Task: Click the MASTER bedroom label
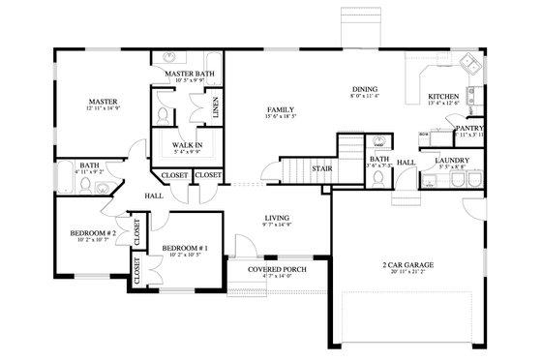tap(102, 102)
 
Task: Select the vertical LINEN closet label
tap(214, 104)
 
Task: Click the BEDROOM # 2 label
tap(93, 233)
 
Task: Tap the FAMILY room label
tap(280, 110)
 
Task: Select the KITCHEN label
tap(445, 97)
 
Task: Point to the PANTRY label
tap(468, 127)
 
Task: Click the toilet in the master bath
tap(163, 112)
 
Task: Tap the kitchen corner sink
tap(471, 66)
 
